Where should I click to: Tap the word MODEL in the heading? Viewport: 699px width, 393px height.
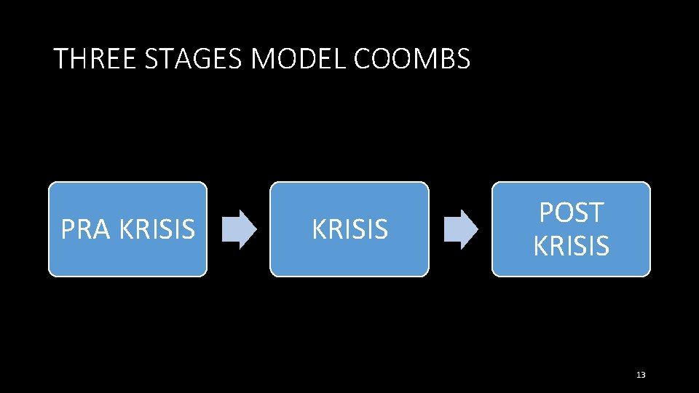[299, 59]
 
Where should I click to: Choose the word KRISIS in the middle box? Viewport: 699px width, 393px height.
[349, 230]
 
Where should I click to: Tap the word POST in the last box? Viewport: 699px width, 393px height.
[571, 213]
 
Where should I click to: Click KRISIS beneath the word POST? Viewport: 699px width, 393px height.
[571, 246]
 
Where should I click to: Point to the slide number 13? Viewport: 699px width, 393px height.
[641, 375]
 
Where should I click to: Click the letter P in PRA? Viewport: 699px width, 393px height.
[68, 230]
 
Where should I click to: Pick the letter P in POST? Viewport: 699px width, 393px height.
[546, 213]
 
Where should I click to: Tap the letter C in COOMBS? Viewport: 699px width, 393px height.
[363, 59]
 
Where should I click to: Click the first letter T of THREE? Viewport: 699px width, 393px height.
[61, 59]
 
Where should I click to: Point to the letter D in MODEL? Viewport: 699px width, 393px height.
[306, 59]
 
